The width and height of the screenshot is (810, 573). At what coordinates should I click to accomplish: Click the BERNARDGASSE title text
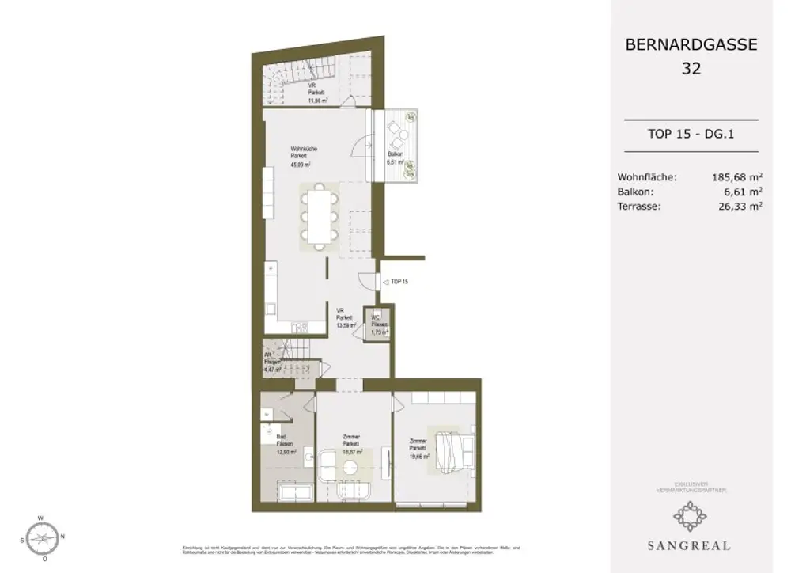(691, 45)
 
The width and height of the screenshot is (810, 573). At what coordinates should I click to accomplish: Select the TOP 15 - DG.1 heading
(691, 135)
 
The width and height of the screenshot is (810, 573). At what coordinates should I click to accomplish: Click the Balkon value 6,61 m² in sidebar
(744, 192)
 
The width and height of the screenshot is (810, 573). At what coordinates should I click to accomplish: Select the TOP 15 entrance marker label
(399, 281)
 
